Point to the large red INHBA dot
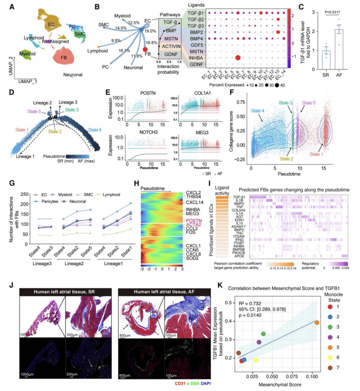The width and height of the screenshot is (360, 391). click(x=237, y=58)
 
